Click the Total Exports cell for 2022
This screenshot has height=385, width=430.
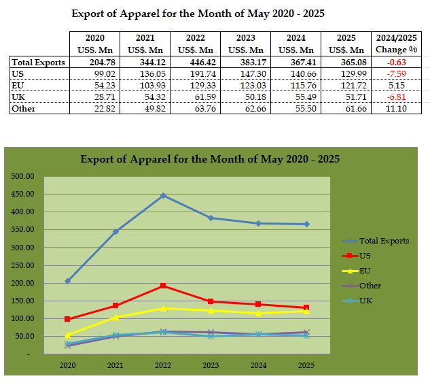click(x=198, y=63)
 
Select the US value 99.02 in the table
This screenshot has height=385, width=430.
click(x=96, y=73)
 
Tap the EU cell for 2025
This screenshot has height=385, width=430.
click(x=348, y=85)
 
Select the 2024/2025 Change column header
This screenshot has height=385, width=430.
click(x=397, y=44)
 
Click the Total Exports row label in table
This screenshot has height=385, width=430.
click(x=38, y=63)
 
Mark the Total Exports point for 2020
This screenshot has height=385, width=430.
click(x=68, y=281)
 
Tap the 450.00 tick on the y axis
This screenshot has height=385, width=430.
click(x=22, y=194)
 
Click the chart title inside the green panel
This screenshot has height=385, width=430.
click(x=210, y=159)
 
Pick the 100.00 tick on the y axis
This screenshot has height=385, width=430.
click(x=22, y=319)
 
